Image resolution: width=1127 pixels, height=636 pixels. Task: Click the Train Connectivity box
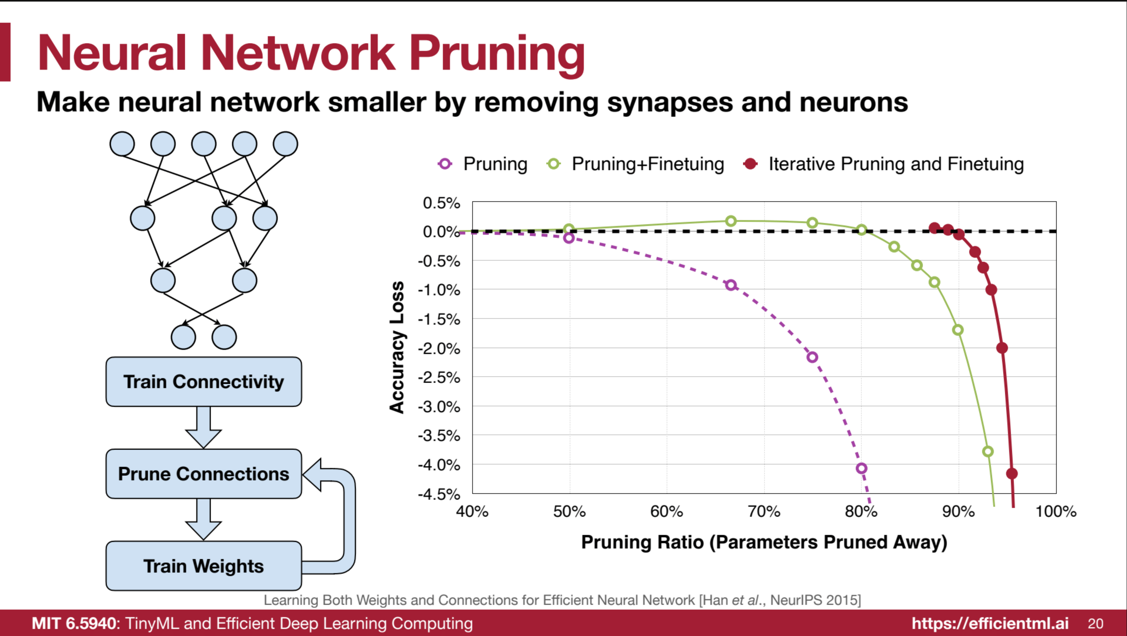coord(204,381)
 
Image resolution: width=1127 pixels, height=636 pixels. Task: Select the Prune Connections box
coord(204,474)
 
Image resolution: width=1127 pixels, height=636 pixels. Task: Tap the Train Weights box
coord(204,566)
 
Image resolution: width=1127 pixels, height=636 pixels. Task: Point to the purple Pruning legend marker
coord(445,164)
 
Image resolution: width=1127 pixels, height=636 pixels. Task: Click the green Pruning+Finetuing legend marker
coord(553,164)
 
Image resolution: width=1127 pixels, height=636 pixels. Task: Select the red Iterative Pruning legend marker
coord(750,164)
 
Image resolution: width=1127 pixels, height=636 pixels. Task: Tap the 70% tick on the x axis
coord(764,511)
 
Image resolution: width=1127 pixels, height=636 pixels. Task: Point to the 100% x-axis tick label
coord(1056,511)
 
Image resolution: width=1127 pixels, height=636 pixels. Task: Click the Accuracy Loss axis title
coord(397,347)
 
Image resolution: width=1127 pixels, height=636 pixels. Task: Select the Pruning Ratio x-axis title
coord(764,542)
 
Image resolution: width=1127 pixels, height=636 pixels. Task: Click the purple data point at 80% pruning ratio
coord(862,468)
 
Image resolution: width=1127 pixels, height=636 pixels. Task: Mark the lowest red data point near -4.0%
coord(1011,473)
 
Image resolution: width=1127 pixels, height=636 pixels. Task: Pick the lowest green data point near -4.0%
coord(988,452)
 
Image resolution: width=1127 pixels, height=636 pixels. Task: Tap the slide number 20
coord(1096,623)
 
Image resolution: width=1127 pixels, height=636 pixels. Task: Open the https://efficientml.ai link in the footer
coord(990,623)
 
